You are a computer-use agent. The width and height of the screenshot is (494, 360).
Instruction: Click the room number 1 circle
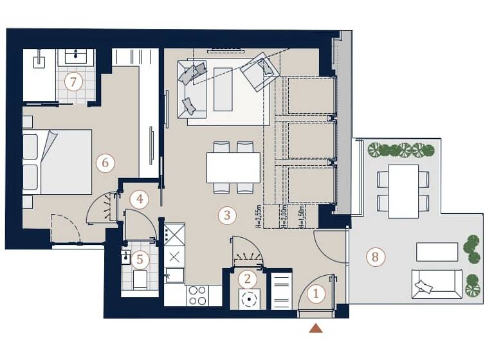point(316,294)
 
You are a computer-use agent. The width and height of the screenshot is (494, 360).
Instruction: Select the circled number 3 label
point(226,215)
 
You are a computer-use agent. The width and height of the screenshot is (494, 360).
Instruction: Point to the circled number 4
point(139,200)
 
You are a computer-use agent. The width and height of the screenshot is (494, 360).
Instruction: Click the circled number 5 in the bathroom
point(140,260)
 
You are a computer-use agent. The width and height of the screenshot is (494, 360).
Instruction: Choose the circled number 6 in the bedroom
point(105,163)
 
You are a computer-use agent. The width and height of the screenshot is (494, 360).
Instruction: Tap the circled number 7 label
point(74,82)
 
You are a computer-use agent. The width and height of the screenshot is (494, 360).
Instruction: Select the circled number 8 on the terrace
point(374,258)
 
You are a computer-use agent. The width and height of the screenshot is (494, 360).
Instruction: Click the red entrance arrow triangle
point(316,328)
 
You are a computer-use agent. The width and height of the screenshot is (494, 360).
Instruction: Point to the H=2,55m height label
point(259,217)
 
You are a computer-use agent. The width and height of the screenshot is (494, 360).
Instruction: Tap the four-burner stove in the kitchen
point(197,296)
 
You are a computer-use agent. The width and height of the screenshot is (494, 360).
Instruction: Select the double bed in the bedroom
point(58,162)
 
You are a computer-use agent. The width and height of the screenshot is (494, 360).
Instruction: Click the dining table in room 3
point(233,167)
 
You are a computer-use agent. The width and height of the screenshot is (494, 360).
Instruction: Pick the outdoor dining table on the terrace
point(403,191)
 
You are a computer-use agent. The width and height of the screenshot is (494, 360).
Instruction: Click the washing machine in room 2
point(248,299)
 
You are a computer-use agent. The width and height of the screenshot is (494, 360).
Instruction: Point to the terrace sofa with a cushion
point(437,283)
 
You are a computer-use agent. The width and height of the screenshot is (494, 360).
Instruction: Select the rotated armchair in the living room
point(259,71)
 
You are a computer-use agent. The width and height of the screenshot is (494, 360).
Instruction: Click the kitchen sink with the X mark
point(174,256)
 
